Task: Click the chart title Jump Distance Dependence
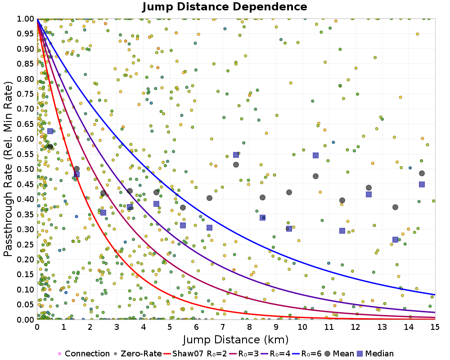click(225, 7)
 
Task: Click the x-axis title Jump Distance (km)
click(236, 339)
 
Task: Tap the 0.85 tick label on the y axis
click(27, 64)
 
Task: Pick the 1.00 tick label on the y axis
click(27, 19)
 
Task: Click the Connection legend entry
click(84, 354)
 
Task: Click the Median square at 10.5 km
click(315, 155)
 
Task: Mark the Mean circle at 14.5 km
click(422, 173)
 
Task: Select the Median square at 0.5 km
click(50, 131)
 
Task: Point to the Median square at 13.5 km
click(395, 240)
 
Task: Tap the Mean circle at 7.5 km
click(236, 165)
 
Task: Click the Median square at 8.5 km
click(262, 217)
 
